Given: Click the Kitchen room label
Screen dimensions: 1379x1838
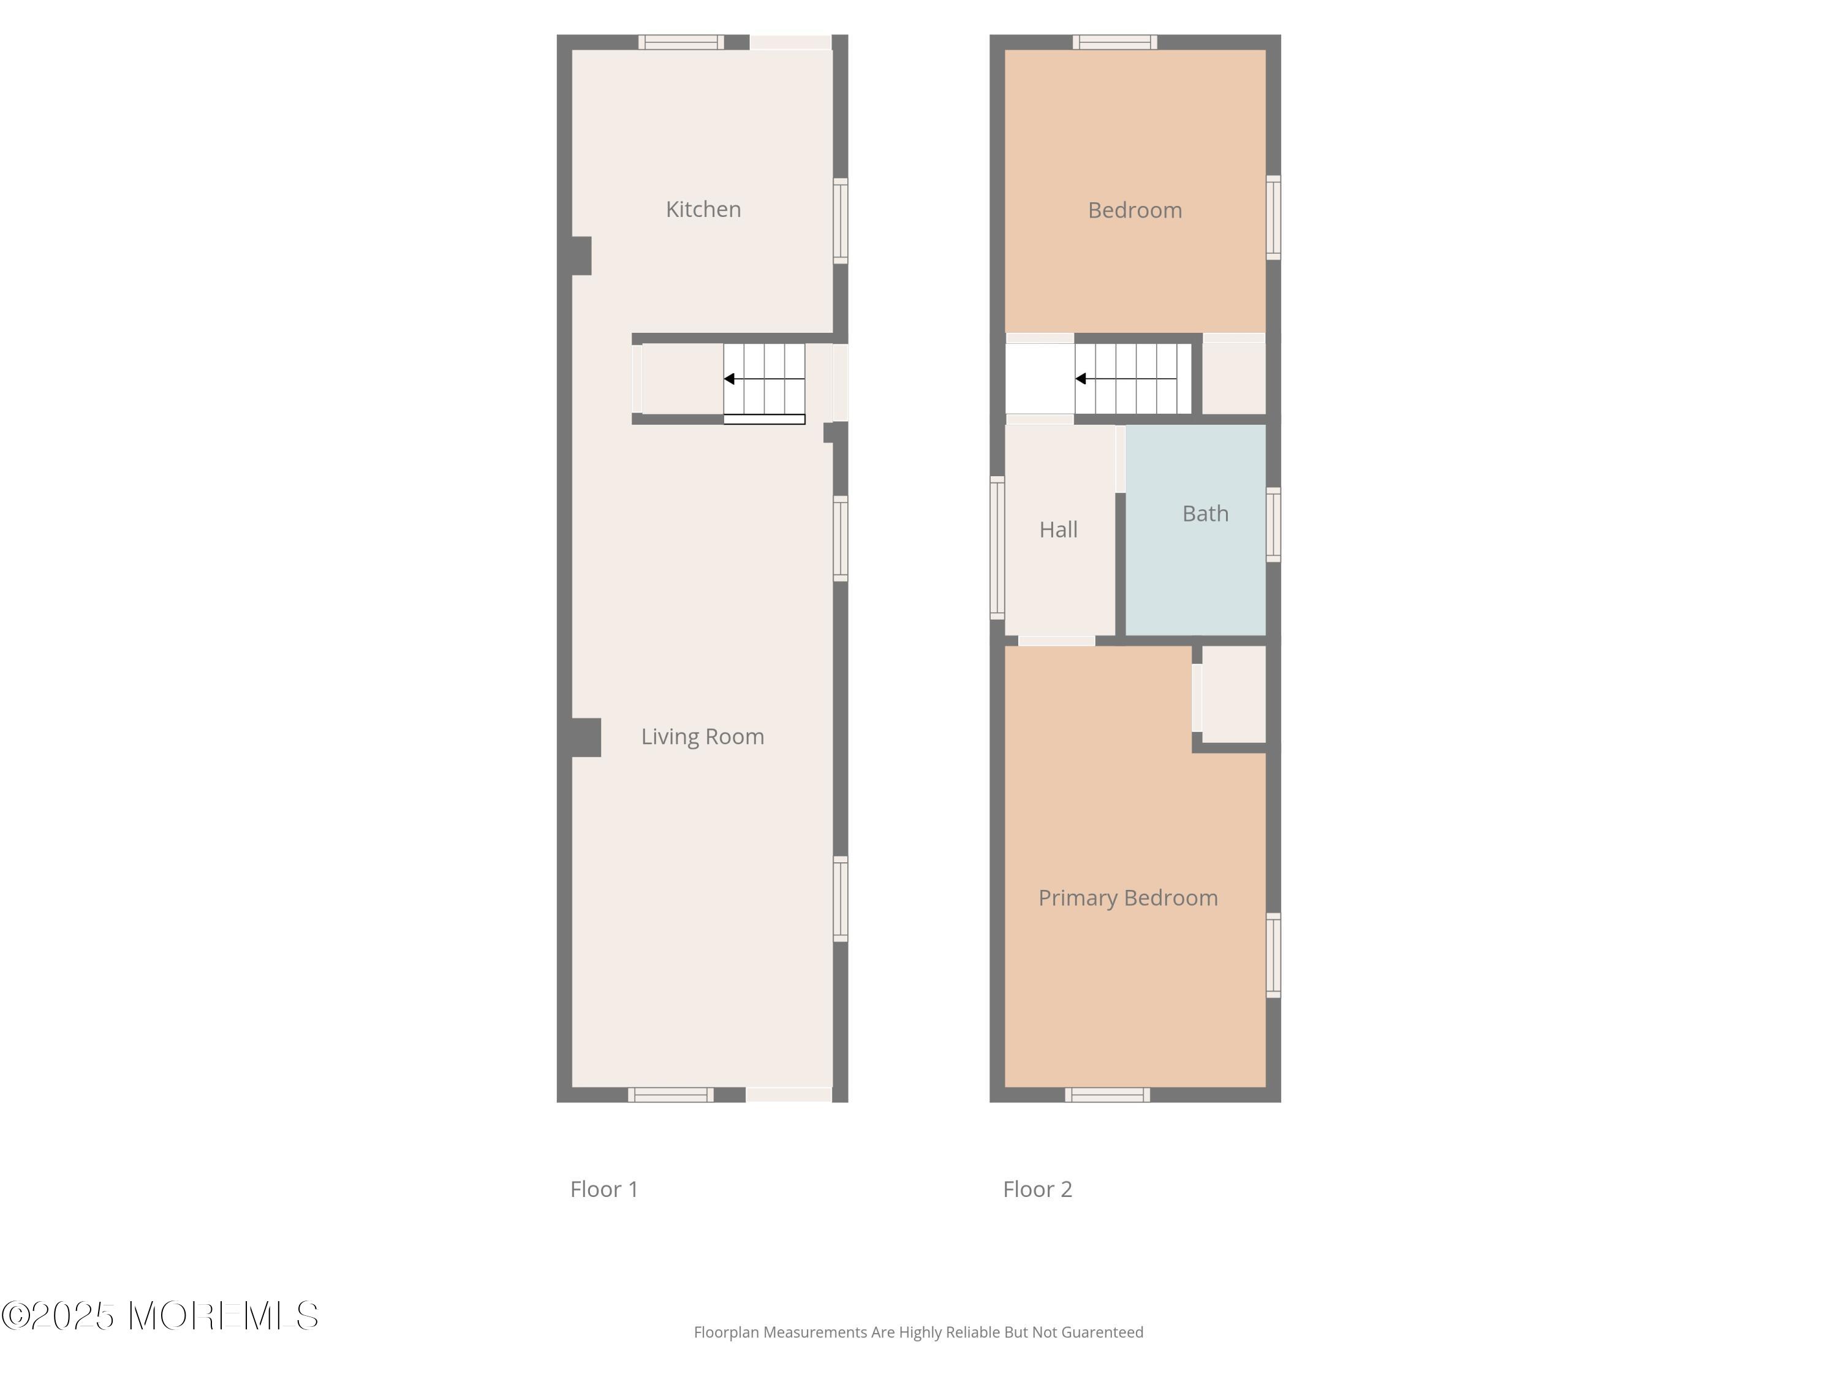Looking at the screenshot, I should pyautogui.click(x=703, y=210).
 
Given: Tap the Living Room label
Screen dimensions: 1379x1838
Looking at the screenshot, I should pyautogui.click(x=702, y=737).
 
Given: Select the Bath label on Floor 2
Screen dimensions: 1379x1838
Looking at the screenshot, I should pyautogui.click(x=1205, y=514).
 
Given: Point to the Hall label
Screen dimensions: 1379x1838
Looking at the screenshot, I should pyautogui.click(x=1057, y=530).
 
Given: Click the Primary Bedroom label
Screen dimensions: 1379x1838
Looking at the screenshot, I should pyautogui.click(x=1127, y=898).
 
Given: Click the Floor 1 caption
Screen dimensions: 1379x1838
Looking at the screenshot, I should pyautogui.click(x=604, y=1188).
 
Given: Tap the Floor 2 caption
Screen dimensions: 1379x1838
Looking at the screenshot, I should pyautogui.click(x=1037, y=1188).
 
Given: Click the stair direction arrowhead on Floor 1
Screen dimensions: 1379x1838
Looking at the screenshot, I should pyautogui.click(x=728, y=379).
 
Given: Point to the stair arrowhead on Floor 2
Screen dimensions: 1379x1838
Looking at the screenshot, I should pyautogui.click(x=1080, y=379).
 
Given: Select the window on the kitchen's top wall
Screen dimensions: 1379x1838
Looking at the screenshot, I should pyautogui.click(x=681, y=42).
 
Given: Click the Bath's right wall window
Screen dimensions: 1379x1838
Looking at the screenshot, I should pyautogui.click(x=1273, y=525).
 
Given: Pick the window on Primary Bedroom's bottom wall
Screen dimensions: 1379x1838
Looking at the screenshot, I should pyautogui.click(x=1107, y=1095).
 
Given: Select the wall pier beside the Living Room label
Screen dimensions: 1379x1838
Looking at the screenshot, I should pyautogui.click(x=586, y=737).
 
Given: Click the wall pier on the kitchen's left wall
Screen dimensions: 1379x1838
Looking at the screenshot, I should pyautogui.click(x=581, y=256).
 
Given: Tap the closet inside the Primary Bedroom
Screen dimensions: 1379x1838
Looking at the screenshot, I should pyautogui.click(x=1234, y=694).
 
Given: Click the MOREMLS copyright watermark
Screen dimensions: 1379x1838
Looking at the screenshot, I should pyautogui.click(x=159, y=1316).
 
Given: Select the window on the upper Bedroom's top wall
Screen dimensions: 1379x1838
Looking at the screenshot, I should pyautogui.click(x=1114, y=42).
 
